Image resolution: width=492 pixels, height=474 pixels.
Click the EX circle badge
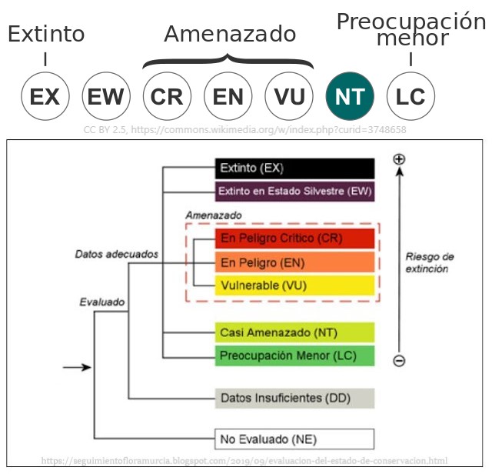point(45,97)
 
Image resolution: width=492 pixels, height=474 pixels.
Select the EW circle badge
point(106,97)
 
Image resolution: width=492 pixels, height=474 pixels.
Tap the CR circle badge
point(167,97)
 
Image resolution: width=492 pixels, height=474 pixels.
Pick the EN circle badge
point(228,97)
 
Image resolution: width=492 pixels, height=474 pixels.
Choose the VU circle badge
point(289,97)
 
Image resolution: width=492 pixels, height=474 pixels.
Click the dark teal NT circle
point(350,97)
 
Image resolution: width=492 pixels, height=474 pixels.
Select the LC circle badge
point(411,97)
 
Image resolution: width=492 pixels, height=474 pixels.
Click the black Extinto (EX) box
point(294,169)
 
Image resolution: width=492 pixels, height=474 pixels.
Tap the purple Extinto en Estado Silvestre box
point(294,191)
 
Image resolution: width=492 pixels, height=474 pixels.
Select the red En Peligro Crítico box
point(294,239)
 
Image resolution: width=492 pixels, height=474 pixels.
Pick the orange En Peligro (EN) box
point(294,262)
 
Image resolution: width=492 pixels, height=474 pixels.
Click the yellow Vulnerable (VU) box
point(294,285)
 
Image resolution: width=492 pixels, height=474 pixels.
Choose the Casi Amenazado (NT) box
point(294,332)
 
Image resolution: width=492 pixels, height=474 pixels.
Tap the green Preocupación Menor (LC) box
point(294,355)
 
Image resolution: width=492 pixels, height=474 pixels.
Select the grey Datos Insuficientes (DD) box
point(294,398)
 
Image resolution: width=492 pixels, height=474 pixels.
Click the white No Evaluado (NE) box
point(294,439)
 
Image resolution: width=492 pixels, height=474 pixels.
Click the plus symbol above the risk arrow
point(399,159)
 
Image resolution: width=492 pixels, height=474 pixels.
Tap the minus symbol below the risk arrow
point(399,360)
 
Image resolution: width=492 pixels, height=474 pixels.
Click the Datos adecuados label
point(117,253)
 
